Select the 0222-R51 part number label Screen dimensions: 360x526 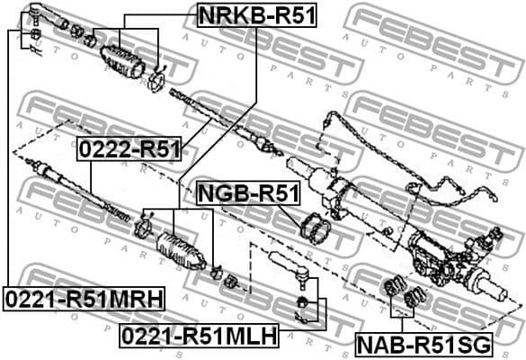129,149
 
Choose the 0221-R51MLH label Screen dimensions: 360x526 199,336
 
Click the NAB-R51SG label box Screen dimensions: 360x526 422,344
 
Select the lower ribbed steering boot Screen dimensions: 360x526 178,249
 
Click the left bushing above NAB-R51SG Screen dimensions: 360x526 392,291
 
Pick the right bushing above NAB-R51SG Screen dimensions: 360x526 415,296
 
